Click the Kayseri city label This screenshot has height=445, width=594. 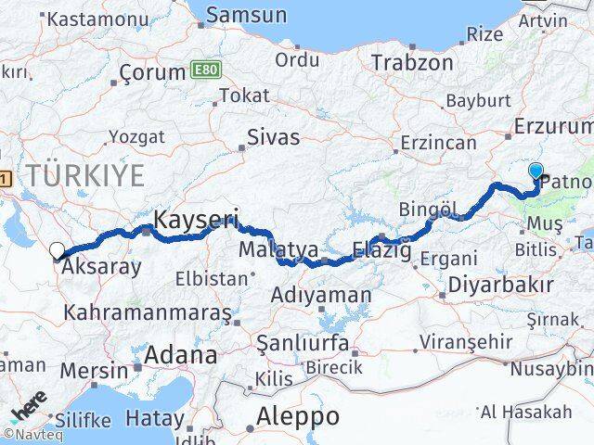click(x=196, y=221)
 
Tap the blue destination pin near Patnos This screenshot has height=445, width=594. click(x=536, y=172)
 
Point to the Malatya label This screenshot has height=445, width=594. click(x=278, y=249)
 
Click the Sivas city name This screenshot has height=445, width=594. click(x=273, y=137)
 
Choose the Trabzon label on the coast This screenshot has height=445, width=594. click(x=412, y=63)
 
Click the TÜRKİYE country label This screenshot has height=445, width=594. click(x=84, y=174)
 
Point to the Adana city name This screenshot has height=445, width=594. click(x=180, y=355)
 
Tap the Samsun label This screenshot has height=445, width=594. click(x=246, y=15)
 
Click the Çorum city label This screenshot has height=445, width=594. click(x=154, y=72)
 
